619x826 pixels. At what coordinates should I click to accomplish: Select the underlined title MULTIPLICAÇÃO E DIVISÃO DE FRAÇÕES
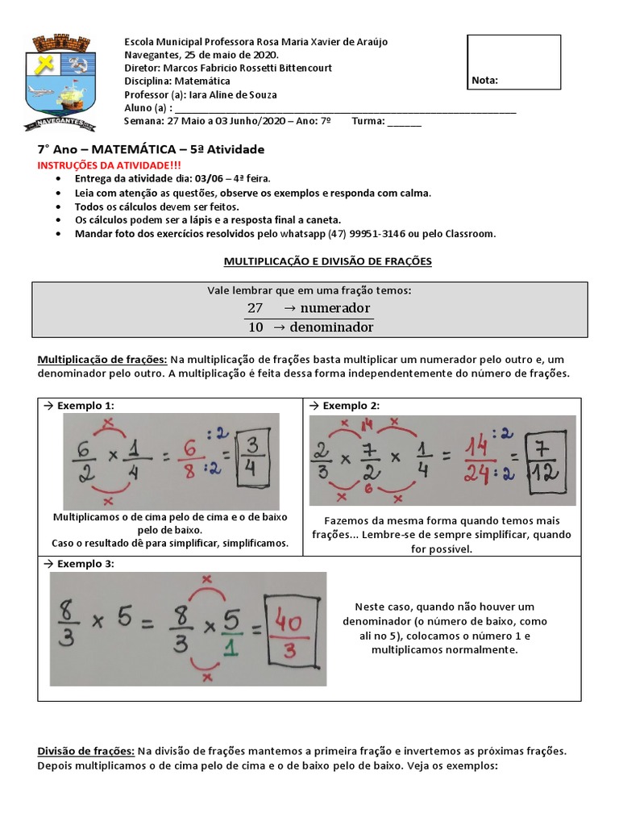[327, 261]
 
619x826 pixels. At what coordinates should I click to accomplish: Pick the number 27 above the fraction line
[255, 308]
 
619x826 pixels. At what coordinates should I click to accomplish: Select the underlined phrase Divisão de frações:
[86, 750]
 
